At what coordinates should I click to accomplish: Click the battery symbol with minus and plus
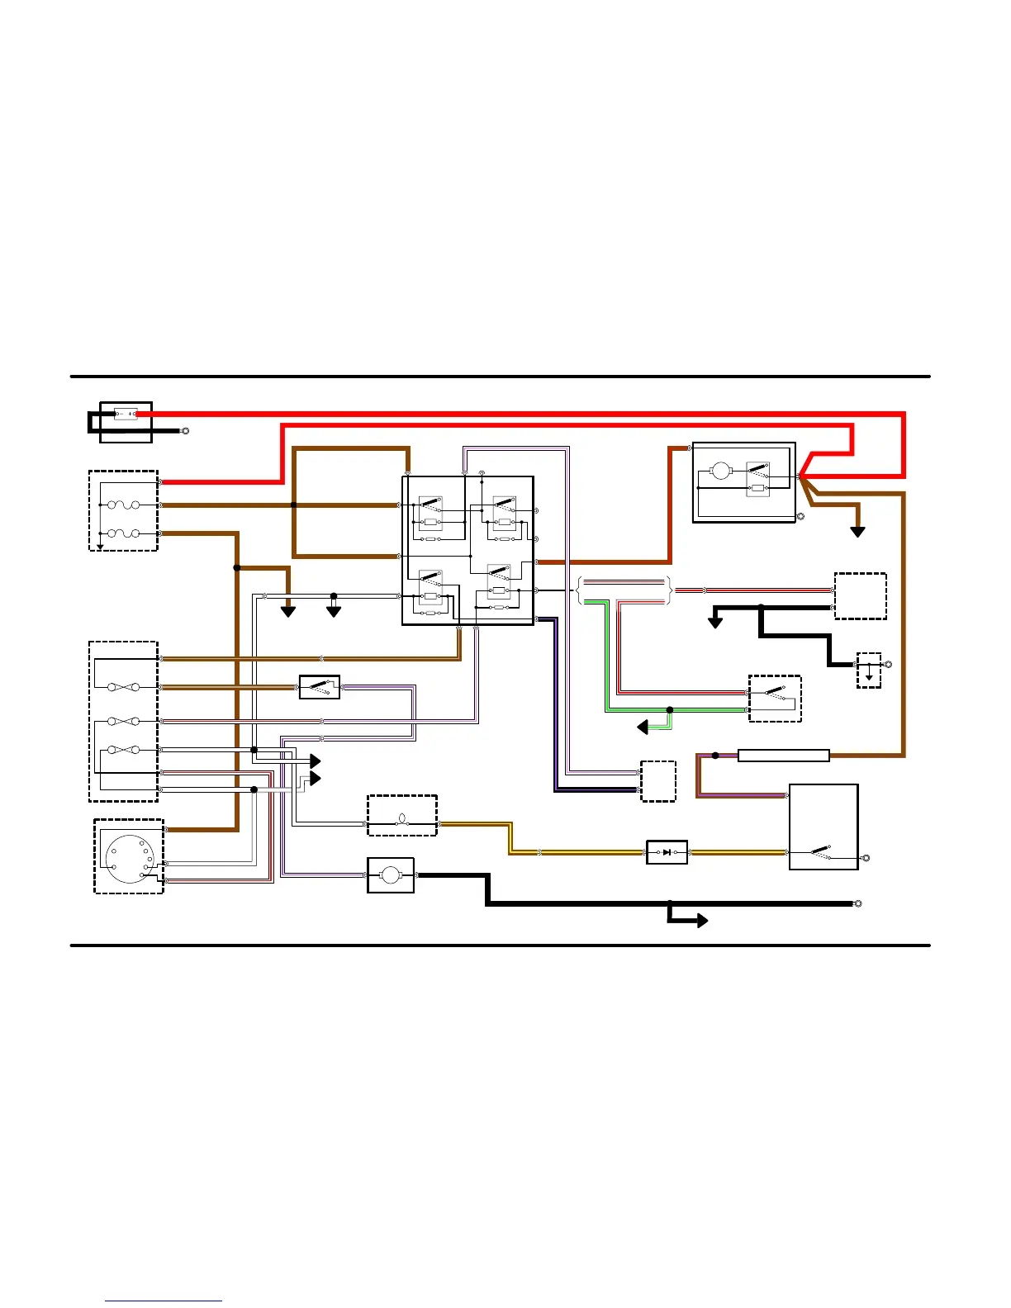coord(126,414)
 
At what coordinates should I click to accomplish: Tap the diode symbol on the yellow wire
coord(667,852)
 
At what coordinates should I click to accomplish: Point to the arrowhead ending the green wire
coord(643,727)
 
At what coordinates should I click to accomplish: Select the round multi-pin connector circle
coord(129,860)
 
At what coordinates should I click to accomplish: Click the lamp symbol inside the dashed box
coord(402,820)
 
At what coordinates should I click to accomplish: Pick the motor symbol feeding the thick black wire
coord(391,875)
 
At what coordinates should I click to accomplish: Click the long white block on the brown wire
coord(783,756)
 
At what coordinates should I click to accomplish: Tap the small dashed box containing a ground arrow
coord(869,670)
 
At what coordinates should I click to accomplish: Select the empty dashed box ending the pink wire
coord(658,781)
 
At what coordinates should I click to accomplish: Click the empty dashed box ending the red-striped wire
coord(860,596)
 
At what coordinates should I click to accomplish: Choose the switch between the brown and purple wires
coord(320,687)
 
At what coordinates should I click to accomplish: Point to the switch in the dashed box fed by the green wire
coord(775,699)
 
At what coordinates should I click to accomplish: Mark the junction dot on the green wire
coord(670,710)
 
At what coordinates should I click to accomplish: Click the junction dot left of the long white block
coord(715,756)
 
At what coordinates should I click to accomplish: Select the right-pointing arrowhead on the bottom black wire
coord(702,921)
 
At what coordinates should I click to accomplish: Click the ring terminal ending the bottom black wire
coord(858,903)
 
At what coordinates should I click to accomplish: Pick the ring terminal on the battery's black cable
coord(185,431)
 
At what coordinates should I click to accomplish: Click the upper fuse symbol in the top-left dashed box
coord(124,505)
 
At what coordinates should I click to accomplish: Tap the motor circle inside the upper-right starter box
coord(721,471)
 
